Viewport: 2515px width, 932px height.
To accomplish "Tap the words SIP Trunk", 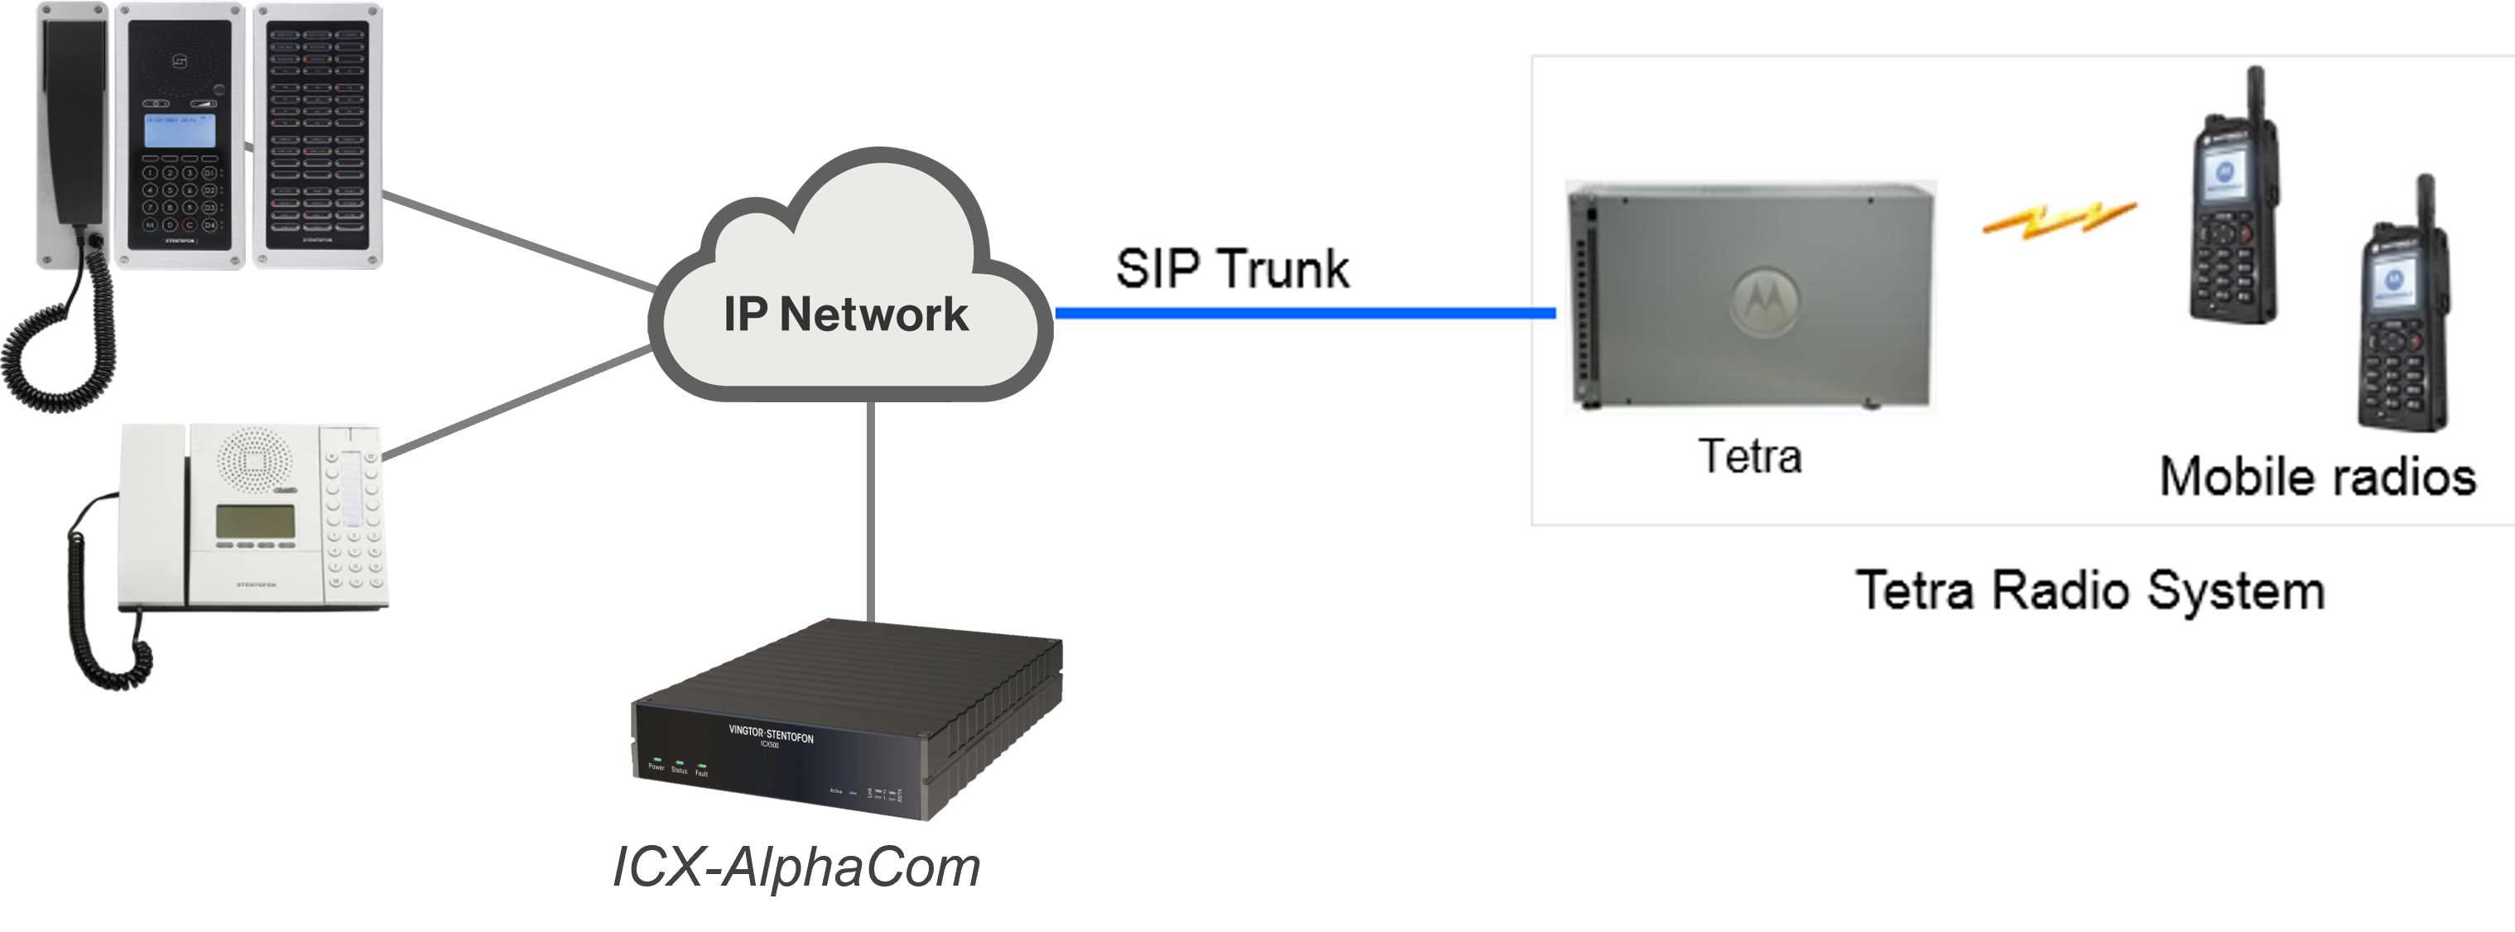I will click(1231, 268).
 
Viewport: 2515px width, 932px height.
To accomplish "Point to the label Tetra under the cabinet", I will click(1749, 456).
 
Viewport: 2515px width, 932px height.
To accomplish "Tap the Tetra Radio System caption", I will click(2089, 590).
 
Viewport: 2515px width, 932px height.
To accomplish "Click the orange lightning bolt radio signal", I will click(2059, 219).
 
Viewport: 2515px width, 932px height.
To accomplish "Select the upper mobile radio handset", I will click(2233, 205).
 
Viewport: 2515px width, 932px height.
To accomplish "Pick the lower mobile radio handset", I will click(2402, 312).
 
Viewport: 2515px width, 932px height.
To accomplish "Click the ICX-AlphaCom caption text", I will click(796, 867).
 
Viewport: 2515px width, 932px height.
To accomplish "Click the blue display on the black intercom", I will click(180, 131).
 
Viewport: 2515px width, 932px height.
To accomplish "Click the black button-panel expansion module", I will click(317, 135).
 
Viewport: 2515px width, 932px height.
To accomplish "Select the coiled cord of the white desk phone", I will click(98, 605).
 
